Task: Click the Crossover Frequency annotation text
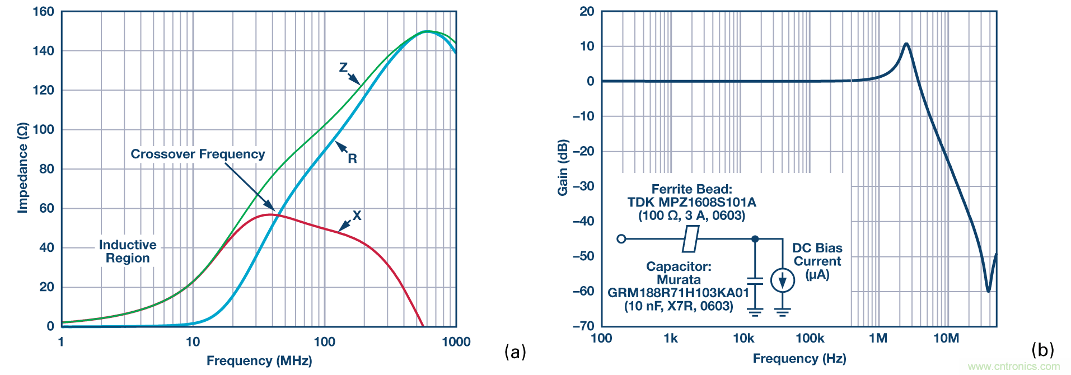coord(198,154)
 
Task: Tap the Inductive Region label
coord(128,251)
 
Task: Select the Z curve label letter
coord(343,68)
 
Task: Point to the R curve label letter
coord(352,158)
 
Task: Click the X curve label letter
coord(357,215)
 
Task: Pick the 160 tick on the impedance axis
coord(44,11)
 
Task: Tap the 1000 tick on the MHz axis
coord(456,342)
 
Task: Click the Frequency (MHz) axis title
coord(259,360)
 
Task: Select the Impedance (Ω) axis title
coord(22,168)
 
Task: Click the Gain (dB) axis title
coord(563,167)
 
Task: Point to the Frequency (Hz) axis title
coord(799,358)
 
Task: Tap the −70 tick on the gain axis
coord(583,326)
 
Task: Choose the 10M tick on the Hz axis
coord(946,338)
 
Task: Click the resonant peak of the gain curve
coord(906,44)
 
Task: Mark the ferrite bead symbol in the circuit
coord(691,239)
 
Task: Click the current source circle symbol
coord(782,280)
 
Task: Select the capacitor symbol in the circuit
coord(755,280)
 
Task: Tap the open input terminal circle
coord(621,239)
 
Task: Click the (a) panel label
coord(515,351)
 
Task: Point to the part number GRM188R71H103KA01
coord(678,293)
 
